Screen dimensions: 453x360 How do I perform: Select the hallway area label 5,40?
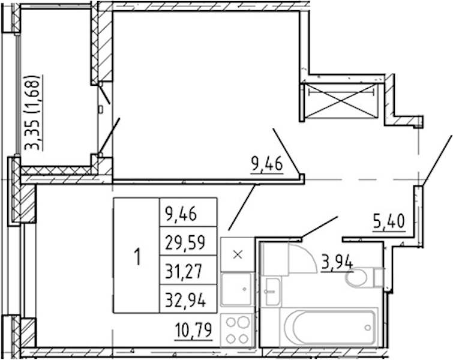click(x=389, y=222)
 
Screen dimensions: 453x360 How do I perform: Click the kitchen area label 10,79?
click(x=193, y=331)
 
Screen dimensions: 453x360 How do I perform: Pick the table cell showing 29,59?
click(x=188, y=241)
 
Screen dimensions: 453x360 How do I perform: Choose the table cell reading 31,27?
click(x=188, y=270)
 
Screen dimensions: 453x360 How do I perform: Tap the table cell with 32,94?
click(x=188, y=299)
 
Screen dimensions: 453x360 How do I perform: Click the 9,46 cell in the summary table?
click(x=188, y=212)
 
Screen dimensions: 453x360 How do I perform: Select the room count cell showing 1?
click(x=137, y=256)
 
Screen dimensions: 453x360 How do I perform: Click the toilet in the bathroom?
click(x=364, y=277)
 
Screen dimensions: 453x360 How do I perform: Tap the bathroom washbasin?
click(x=273, y=291)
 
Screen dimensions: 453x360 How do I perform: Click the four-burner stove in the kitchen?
click(x=238, y=330)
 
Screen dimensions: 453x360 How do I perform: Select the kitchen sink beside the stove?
click(x=237, y=289)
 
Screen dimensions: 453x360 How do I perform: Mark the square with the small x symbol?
click(x=238, y=254)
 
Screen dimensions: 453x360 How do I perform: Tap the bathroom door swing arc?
click(x=308, y=255)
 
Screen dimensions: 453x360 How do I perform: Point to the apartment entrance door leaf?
click(x=437, y=160)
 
